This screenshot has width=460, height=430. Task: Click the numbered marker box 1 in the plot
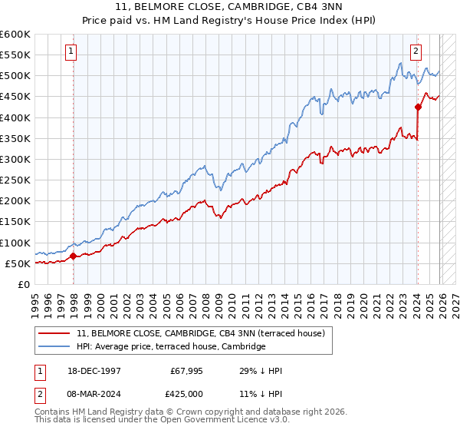(71, 51)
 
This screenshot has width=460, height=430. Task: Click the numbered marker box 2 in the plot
(416, 51)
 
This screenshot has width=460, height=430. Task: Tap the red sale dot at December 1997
(74, 256)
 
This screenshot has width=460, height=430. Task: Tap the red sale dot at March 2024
(418, 107)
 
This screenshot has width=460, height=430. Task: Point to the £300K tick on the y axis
(15, 159)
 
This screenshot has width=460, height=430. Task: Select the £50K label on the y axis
(18, 263)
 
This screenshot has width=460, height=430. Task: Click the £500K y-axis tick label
(15, 75)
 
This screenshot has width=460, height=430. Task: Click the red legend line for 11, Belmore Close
(55, 333)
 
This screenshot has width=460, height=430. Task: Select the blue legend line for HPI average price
(55, 347)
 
